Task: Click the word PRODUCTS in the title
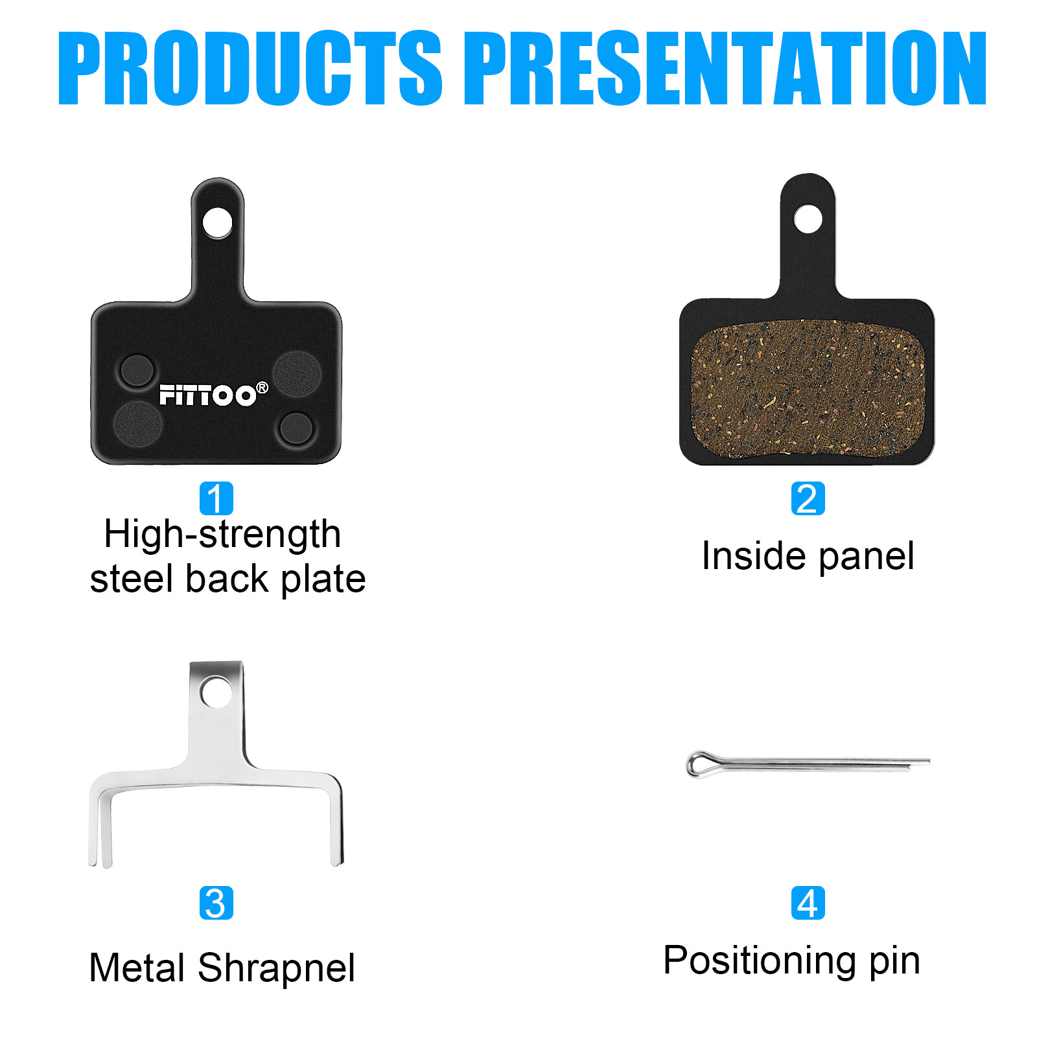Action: point(250,68)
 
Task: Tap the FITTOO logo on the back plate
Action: point(207,395)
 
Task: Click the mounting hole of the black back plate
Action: point(217,223)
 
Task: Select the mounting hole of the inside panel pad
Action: point(808,219)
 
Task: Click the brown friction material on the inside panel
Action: point(807,389)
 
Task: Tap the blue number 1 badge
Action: point(216,498)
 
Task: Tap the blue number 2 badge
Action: point(808,498)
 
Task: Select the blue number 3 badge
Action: point(216,903)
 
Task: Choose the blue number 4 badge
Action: point(808,903)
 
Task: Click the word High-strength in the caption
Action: point(222,535)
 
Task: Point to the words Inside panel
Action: point(808,556)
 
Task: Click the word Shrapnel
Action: point(276,968)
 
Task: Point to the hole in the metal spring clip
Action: point(216,692)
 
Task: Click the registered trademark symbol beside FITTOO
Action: point(262,388)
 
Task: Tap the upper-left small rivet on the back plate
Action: point(137,371)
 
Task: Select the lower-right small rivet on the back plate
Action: point(296,428)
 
